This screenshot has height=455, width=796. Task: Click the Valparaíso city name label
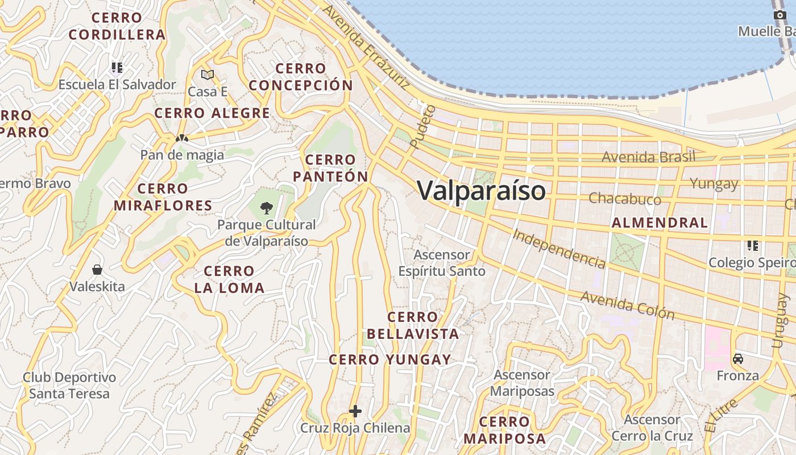(482, 191)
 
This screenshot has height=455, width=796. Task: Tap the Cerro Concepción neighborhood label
(301, 77)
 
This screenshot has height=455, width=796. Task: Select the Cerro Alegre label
(212, 113)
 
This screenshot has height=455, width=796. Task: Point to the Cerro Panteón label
(330, 168)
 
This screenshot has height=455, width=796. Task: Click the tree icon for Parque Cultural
(266, 208)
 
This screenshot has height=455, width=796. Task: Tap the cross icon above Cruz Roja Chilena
(355, 411)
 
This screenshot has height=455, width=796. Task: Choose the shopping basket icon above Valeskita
(97, 269)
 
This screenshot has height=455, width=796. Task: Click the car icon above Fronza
(738, 359)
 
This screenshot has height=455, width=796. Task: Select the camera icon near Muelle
(780, 15)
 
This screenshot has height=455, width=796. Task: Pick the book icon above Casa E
(208, 75)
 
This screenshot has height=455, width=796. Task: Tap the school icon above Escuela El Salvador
(117, 68)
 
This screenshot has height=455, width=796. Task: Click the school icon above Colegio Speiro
(753, 246)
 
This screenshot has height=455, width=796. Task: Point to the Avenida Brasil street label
(648, 156)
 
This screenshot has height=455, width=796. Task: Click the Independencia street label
(559, 249)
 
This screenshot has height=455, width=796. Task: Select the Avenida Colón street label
(627, 305)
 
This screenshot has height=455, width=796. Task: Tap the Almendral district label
(660, 222)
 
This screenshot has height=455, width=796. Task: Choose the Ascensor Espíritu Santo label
(442, 263)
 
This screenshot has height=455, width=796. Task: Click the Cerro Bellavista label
(413, 325)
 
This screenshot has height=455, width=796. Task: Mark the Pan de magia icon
(181, 138)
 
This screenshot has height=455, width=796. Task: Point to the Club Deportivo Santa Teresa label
(69, 385)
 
